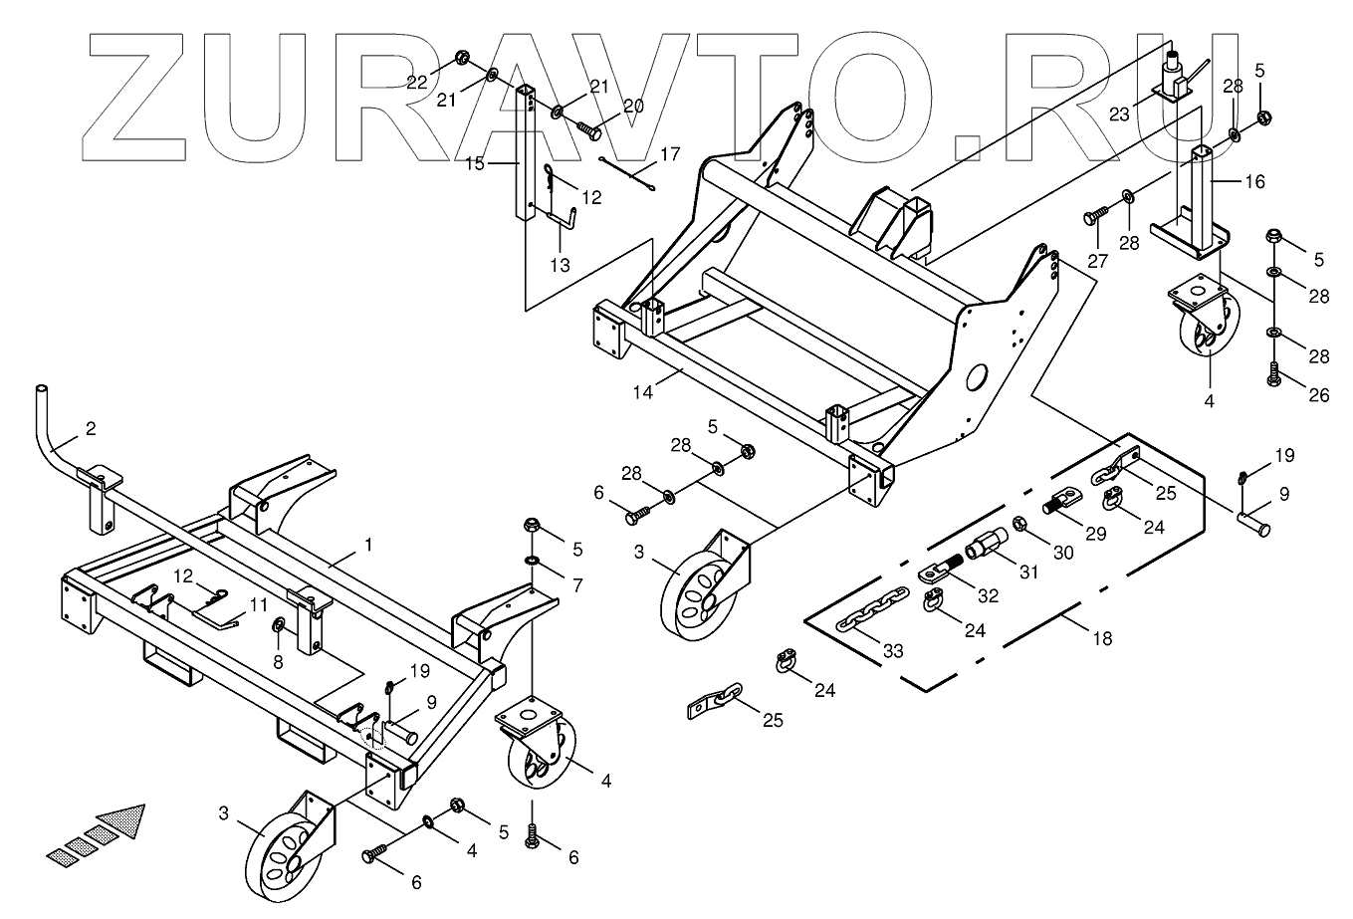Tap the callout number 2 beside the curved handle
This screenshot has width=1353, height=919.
pos(91,430)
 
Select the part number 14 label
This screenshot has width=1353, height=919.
pos(642,392)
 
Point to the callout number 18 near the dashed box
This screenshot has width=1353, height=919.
pos(1102,638)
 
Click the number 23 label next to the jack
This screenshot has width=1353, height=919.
pos(1120,115)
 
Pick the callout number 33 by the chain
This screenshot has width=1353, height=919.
pos(893,651)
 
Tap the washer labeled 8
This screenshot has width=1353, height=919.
pos(279,626)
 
